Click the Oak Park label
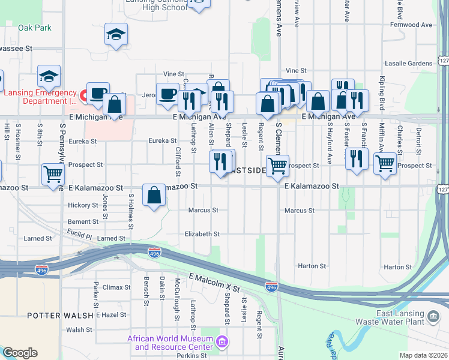pyautogui.click(x=35, y=28)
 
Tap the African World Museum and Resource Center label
pyautogui.click(x=170, y=343)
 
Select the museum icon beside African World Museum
pyautogui.click(x=222, y=343)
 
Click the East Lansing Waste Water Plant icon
pyautogui.click(x=433, y=316)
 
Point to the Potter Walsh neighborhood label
pyautogui.click(x=60, y=315)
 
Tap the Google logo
pyautogui.click(x=20, y=353)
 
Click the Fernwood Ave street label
pyautogui.click(x=411, y=25)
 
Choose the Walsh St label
pyautogui.click(x=79, y=330)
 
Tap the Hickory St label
pyautogui.click(x=83, y=205)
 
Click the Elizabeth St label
pyautogui.click(x=202, y=234)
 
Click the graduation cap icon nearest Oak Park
pyautogui.click(x=116, y=34)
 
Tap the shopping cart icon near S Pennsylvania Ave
pyautogui.click(x=53, y=173)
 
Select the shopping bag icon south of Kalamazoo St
pyautogui.click(x=154, y=194)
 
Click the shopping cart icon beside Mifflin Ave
pyautogui.click(x=385, y=163)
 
